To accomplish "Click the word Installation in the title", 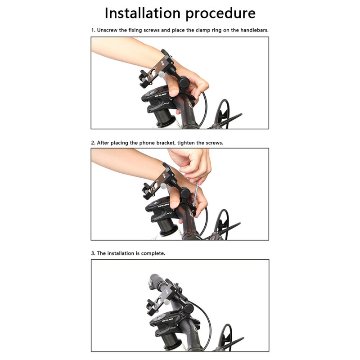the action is point(142,13).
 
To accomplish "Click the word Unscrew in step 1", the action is point(107,30).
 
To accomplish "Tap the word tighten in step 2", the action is point(184,143).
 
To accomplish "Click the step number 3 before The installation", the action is point(93,253).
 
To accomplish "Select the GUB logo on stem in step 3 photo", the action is point(167,320).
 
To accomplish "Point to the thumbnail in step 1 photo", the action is point(173,92).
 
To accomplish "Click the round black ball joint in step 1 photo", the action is point(184,82).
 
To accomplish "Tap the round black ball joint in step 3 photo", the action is point(189,308).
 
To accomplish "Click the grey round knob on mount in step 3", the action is point(167,302).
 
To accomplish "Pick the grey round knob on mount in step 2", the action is point(163,186).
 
